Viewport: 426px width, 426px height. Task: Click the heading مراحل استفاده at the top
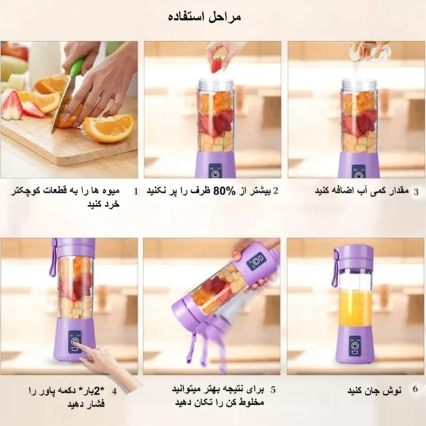pyautogui.click(x=204, y=17)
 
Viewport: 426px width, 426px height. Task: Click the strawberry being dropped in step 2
pyautogui.click(x=216, y=65)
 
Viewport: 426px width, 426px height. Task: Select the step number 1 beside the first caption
pyautogui.click(x=136, y=191)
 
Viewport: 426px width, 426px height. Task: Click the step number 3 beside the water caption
pyautogui.click(x=415, y=192)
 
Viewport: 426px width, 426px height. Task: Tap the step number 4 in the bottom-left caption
pyautogui.click(x=114, y=391)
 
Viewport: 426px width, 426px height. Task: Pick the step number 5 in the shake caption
pyautogui.click(x=273, y=389)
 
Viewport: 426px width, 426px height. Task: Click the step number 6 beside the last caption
pyautogui.click(x=415, y=389)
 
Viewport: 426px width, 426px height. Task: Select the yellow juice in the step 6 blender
pyautogui.click(x=354, y=308)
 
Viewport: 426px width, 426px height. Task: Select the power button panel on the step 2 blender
pyautogui.click(x=216, y=171)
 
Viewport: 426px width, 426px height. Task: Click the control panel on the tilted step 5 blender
pyautogui.click(x=256, y=262)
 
